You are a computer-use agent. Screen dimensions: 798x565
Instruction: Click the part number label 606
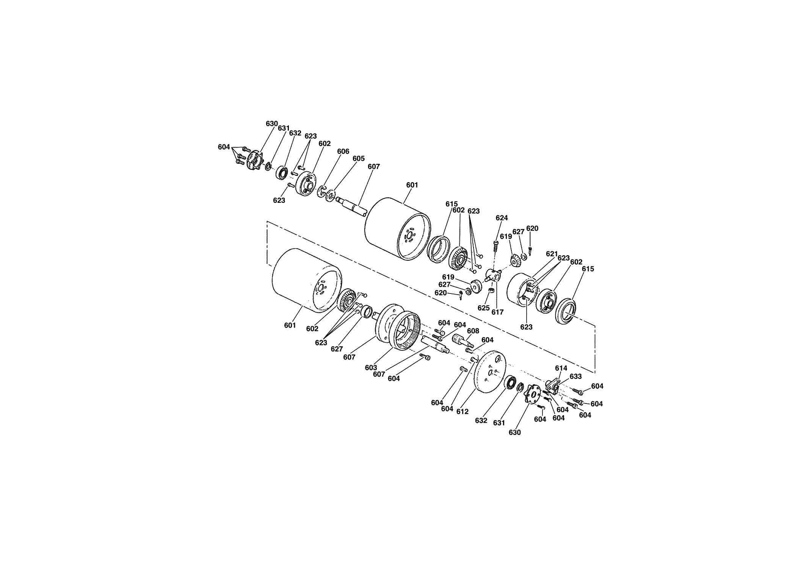pos(343,151)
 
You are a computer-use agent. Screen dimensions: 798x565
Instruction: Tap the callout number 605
pos(358,158)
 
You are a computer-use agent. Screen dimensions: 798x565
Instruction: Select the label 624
pos(502,218)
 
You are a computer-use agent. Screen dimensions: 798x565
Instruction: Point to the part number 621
pos(552,254)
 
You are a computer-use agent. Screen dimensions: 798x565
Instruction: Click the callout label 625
pos(484,308)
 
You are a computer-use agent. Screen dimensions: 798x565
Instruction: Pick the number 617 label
pos(497,312)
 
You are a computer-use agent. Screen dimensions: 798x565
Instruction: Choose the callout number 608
pos(473,331)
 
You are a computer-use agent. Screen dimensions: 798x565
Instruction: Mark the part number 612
pos(462,411)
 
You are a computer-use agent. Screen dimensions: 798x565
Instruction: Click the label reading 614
pos(561,368)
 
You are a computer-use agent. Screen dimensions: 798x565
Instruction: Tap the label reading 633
pos(575,377)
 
